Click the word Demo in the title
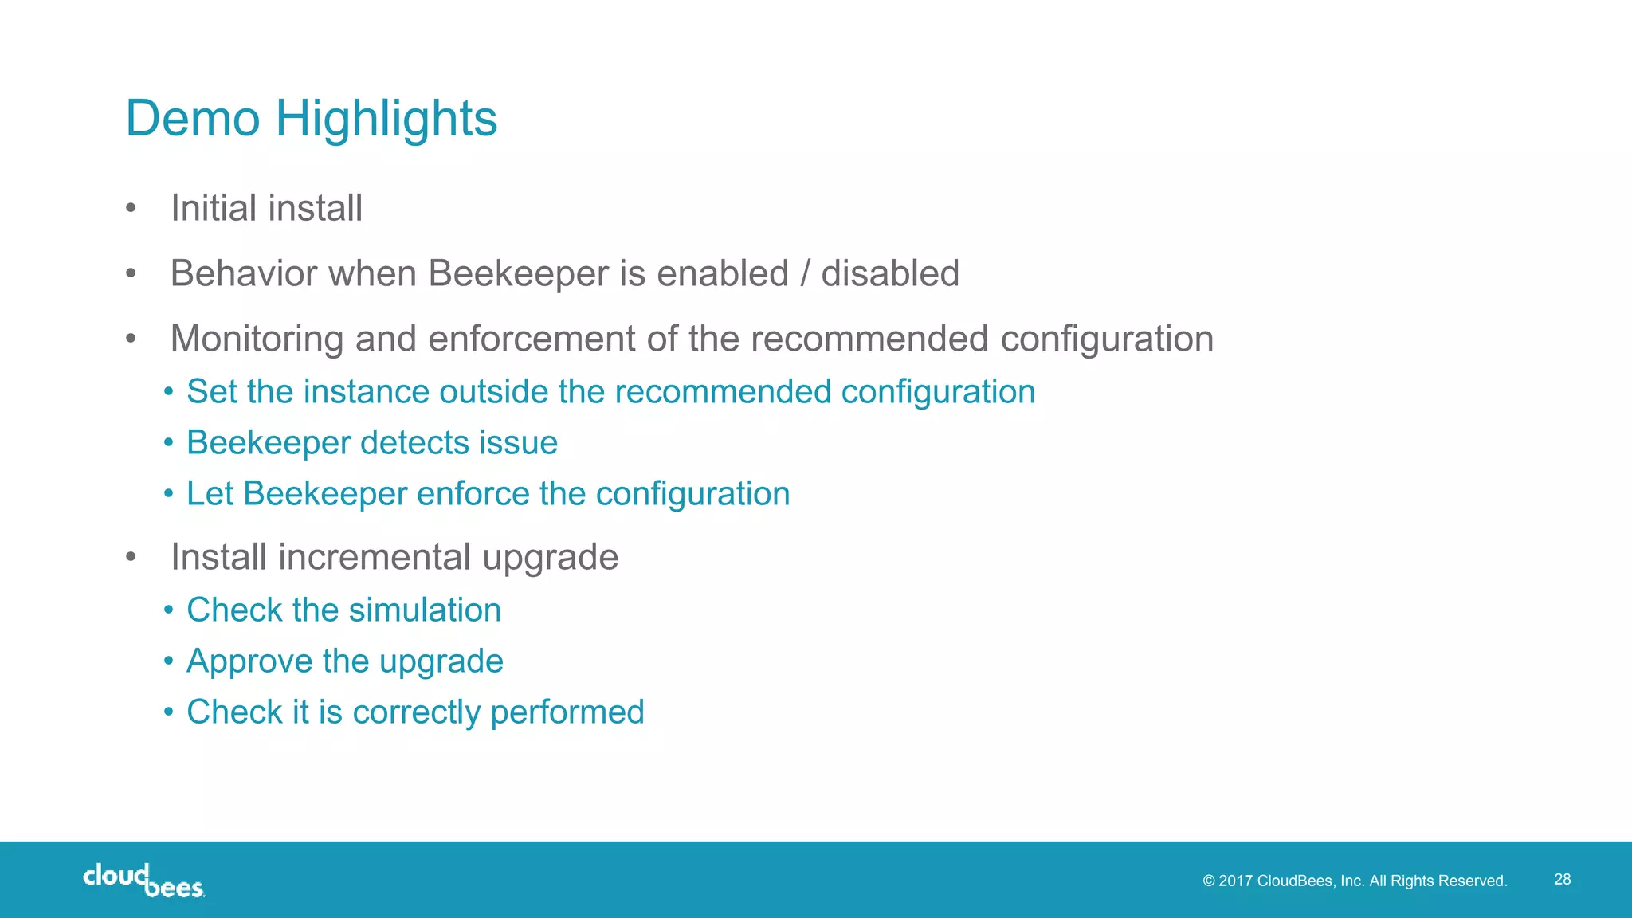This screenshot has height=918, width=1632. click(193, 119)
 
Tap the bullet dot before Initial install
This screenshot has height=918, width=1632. click(131, 209)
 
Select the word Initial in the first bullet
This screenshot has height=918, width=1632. click(214, 209)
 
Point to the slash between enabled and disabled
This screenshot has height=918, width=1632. click(805, 273)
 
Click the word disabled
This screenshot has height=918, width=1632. click(890, 273)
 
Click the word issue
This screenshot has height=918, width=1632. click(518, 443)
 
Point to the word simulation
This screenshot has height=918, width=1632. click(425, 610)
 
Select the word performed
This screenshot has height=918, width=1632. click(567, 712)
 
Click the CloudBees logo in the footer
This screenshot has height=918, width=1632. click(143, 880)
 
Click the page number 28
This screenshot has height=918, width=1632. click(1563, 879)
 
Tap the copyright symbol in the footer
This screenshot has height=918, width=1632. click(1209, 881)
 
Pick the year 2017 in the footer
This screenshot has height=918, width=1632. click(1235, 881)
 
